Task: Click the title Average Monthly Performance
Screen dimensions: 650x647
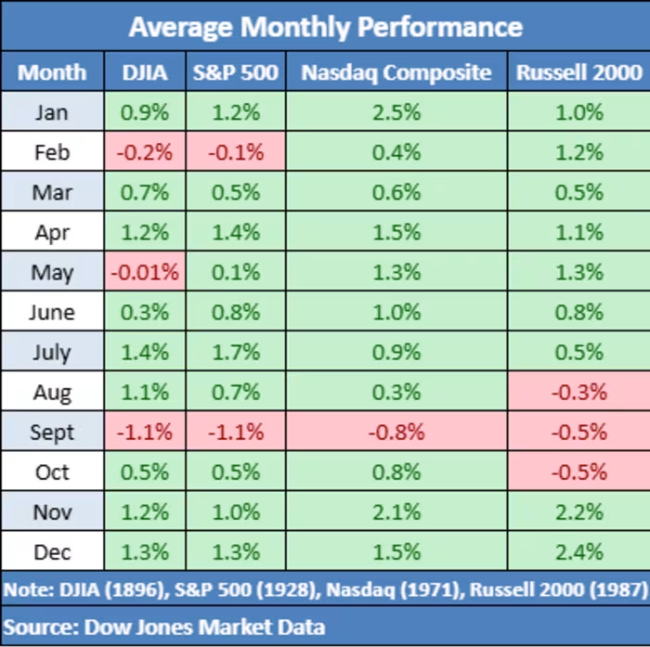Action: (326, 28)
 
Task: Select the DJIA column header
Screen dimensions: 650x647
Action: (145, 72)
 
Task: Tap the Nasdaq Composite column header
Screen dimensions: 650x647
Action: (396, 73)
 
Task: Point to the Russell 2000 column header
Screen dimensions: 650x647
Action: (579, 72)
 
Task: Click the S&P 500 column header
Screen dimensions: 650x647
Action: (236, 72)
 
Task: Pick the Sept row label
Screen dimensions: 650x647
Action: (52, 433)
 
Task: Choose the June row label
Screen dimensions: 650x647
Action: (52, 312)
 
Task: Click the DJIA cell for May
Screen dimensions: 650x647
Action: (145, 272)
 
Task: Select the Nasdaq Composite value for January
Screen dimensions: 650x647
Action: (396, 112)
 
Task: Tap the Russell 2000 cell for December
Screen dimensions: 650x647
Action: (579, 552)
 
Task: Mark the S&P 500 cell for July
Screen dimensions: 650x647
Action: (236, 353)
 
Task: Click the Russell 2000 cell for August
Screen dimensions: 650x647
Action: (579, 392)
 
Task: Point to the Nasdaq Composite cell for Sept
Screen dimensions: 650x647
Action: (396, 433)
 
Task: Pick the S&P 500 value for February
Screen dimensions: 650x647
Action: (236, 152)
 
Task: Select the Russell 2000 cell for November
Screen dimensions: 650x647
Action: (579, 512)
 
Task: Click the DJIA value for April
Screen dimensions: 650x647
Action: (145, 232)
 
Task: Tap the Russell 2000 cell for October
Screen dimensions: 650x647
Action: (579, 472)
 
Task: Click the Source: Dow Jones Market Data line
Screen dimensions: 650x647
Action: (164, 627)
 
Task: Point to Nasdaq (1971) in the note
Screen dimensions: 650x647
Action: (396, 589)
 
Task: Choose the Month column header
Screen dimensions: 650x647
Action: (52, 72)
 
